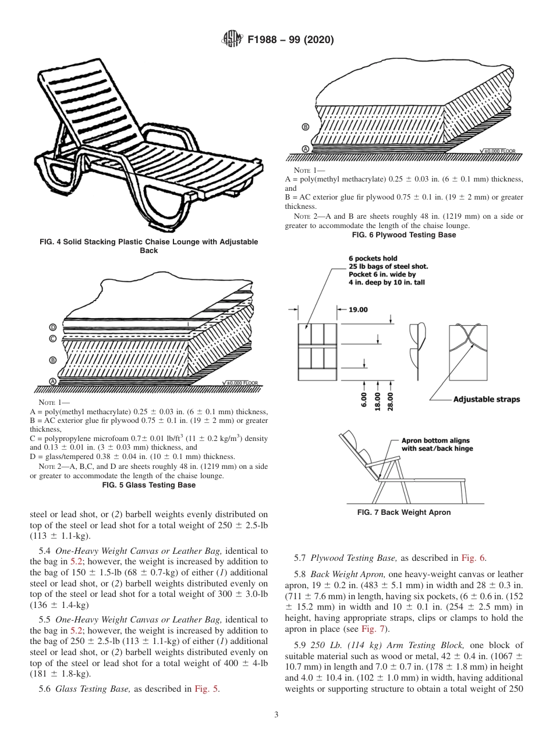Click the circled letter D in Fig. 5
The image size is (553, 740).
coord(53,327)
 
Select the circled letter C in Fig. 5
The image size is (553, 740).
coord(53,339)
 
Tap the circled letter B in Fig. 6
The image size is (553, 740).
coord(306,127)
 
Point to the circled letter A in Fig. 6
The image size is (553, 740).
coord(306,149)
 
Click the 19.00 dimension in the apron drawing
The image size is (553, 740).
coord(358,310)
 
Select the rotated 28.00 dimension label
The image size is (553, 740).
coord(390,402)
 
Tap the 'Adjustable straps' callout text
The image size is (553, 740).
coord(486,400)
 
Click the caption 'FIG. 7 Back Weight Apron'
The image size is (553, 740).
coord(403,513)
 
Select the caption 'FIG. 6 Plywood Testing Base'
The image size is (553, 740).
coord(404,235)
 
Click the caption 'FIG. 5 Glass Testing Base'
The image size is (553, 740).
coord(148,485)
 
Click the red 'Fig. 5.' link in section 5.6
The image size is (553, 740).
coord(208,689)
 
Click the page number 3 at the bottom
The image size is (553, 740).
coord(276,715)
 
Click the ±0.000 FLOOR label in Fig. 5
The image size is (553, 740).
coord(243,383)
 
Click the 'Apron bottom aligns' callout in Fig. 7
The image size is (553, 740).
coord(435,440)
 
